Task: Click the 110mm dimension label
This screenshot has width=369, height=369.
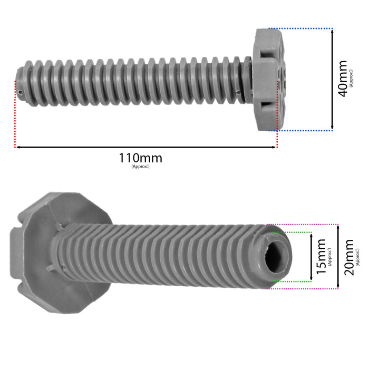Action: pos(140,158)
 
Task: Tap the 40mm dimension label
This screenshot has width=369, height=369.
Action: pos(343,79)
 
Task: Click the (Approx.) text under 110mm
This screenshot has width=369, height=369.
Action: pos(140,167)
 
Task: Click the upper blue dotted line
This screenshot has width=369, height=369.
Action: pos(300,28)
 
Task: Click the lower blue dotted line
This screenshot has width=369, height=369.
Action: pos(300,130)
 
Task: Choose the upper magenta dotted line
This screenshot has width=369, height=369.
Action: pos(303,225)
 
